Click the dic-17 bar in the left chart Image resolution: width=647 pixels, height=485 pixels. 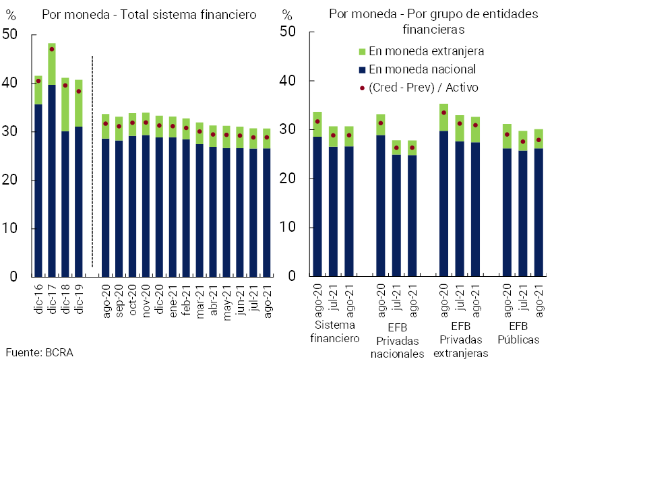pyautogui.click(x=52, y=162)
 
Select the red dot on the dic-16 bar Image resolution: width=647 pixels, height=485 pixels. pyautogui.click(x=38, y=81)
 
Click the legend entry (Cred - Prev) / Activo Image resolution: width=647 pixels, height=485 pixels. pyautogui.click(x=424, y=88)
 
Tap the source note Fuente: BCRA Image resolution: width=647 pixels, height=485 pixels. pyautogui.click(x=39, y=352)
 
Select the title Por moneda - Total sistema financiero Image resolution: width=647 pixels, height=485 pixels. pyautogui.click(x=149, y=15)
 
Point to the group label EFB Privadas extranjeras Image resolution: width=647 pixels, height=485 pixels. pyautogui.click(x=460, y=339)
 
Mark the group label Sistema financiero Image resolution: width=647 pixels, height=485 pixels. pyautogui.click(x=335, y=331)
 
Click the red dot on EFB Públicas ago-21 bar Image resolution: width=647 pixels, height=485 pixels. pyautogui.click(x=538, y=140)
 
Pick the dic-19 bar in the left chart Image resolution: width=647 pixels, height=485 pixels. pyautogui.click(x=78, y=182)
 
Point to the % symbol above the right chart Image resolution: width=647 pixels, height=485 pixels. pyautogui.click(x=288, y=15)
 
